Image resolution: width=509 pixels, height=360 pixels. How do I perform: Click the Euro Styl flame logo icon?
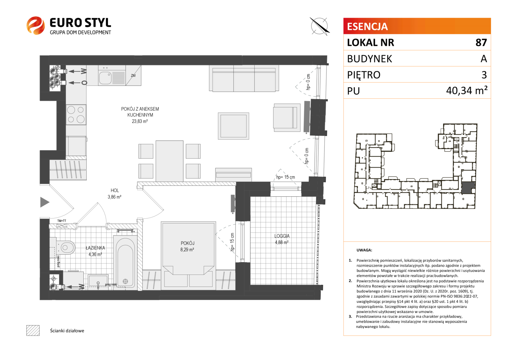(35, 25)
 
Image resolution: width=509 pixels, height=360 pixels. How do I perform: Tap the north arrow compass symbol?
(319, 26)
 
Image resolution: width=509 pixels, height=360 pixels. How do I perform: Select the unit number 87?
(481, 43)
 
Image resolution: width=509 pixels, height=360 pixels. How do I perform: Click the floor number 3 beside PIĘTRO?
(484, 75)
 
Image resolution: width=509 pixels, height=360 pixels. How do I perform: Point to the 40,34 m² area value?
(466, 90)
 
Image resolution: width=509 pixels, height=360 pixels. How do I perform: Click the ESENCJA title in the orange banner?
(367, 26)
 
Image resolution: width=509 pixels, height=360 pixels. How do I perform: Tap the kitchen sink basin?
(105, 78)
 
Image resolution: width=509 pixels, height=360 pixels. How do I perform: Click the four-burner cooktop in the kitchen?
(76, 115)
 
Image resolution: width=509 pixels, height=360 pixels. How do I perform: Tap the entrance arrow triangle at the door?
(45, 202)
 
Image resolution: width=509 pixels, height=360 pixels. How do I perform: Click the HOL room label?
(115, 190)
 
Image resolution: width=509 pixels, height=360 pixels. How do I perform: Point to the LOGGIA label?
(282, 236)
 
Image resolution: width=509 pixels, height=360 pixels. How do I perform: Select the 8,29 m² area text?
(187, 249)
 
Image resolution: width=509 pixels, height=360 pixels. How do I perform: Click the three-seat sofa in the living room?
(244, 78)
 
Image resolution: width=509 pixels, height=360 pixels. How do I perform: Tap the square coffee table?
(234, 126)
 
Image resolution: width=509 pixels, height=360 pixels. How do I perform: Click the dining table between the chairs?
(170, 161)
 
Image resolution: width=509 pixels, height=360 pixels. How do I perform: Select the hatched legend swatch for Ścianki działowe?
(33, 330)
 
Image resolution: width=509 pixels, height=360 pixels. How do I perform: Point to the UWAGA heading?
(364, 250)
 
